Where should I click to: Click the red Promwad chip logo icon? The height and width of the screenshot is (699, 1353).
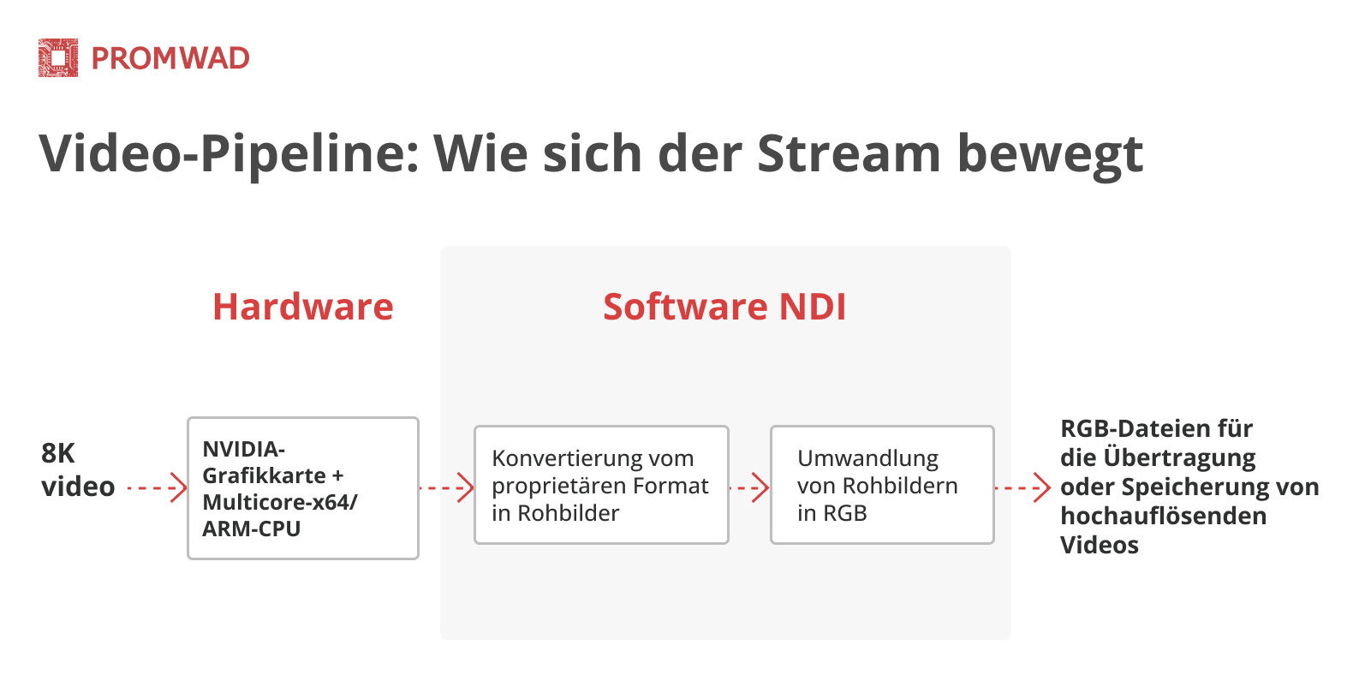coord(58,58)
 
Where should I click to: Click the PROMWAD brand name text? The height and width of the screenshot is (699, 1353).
coord(170,58)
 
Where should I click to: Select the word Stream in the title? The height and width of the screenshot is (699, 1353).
coord(849,154)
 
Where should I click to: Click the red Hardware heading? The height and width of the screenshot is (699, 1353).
coord(303,307)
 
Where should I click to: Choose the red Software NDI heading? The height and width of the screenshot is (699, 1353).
coord(724,307)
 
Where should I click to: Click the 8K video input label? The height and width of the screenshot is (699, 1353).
coord(77,469)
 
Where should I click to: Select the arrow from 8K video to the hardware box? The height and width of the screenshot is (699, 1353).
coord(157,488)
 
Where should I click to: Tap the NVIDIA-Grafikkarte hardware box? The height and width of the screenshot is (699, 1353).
coord(302,488)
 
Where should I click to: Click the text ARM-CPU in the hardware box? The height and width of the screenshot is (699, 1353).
coord(251,529)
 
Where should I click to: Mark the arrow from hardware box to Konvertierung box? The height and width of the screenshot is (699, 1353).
coord(446,488)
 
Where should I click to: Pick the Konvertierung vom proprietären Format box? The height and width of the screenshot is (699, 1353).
coord(601,485)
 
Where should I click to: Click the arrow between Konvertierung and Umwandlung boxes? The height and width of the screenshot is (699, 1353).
coord(749,488)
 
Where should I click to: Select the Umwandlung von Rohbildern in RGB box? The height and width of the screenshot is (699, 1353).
coord(882,485)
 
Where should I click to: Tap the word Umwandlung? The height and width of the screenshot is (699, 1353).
coord(867,458)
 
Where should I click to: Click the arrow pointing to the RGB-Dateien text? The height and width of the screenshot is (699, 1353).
coord(1022,488)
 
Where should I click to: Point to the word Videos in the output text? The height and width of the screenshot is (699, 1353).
coord(1099,545)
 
